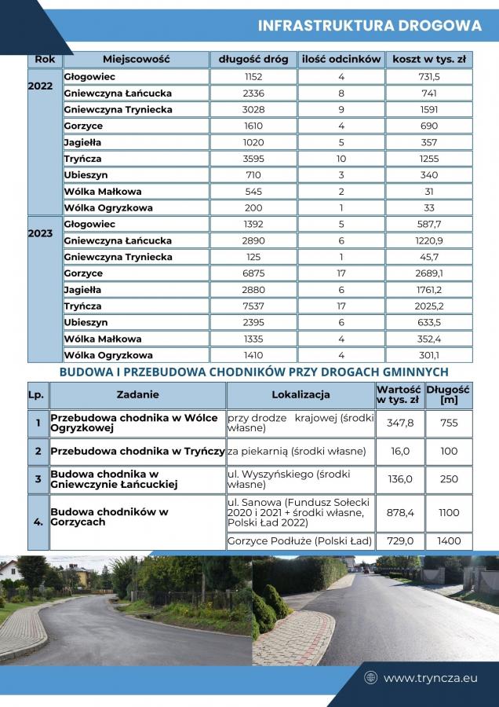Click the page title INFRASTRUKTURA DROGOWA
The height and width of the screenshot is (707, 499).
click(x=370, y=26)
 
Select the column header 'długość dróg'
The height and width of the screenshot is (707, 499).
click(x=253, y=59)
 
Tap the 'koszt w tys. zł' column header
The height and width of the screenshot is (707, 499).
click(x=428, y=59)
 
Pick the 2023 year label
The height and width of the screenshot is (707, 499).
click(x=40, y=233)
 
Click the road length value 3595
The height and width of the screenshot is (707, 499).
click(x=253, y=159)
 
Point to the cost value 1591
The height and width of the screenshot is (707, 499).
click(x=428, y=109)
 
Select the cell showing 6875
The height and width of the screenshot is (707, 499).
click(x=253, y=273)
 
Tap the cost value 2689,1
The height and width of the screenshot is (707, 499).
click(x=428, y=273)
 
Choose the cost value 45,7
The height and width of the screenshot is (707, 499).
click(x=428, y=257)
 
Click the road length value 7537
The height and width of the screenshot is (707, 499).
click(x=253, y=306)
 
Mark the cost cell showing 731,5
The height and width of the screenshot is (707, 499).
click(x=428, y=77)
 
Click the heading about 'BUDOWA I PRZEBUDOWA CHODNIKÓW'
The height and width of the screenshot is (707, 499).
click(x=253, y=372)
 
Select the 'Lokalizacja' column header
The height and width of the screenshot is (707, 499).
click(x=300, y=394)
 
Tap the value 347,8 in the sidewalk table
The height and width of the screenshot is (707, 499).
click(x=400, y=423)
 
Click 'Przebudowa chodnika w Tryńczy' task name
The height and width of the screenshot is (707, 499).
click(x=137, y=452)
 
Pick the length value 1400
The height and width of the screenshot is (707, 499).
click(x=449, y=541)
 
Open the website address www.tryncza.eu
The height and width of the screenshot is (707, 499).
click(x=430, y=677)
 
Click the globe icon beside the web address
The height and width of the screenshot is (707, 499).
click(x=371, y=677)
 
